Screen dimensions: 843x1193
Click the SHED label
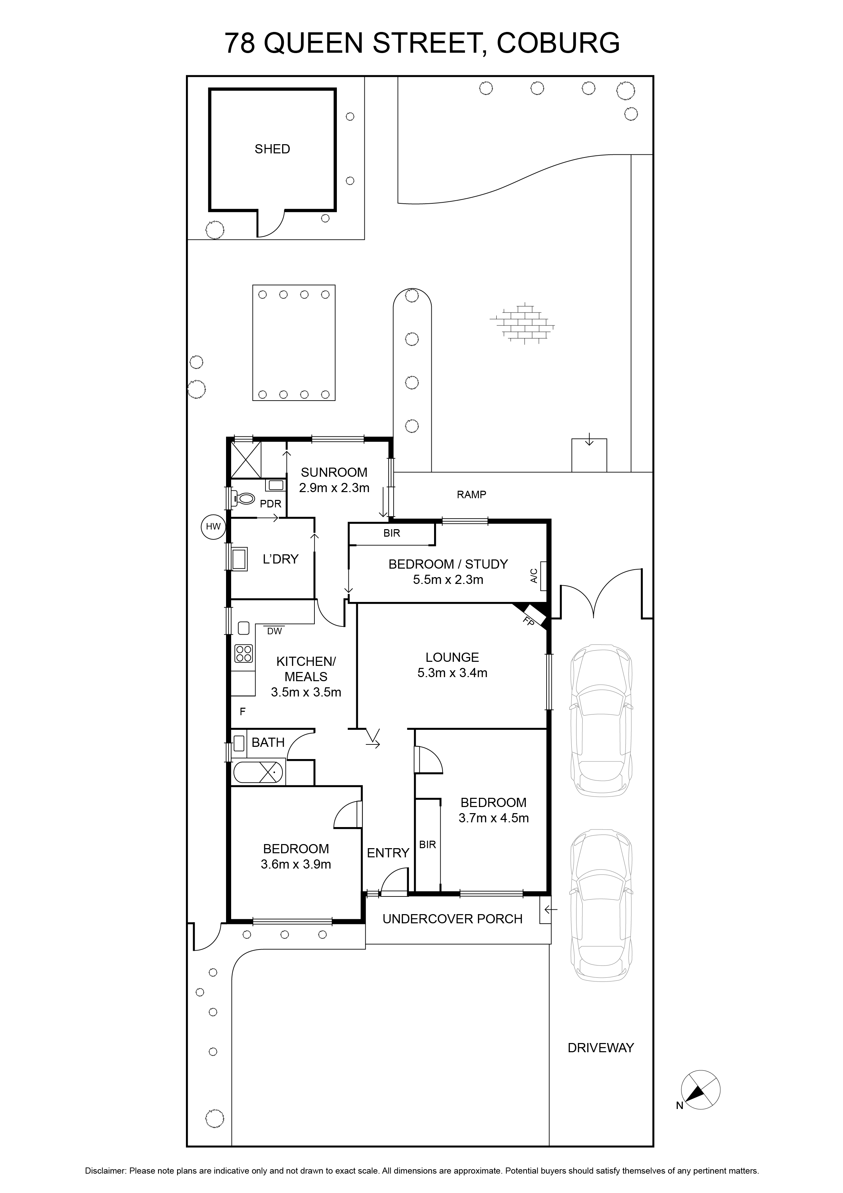[272, 149]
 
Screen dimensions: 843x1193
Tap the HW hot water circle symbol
[213, 526]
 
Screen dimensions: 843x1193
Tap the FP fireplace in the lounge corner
[532, 617]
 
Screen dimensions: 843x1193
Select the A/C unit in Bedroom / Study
[543, 576]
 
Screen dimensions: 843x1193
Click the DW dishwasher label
[274, 631]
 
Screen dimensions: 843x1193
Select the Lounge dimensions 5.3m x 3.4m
[452, 673]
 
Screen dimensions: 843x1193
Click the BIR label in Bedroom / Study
[392, 533]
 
